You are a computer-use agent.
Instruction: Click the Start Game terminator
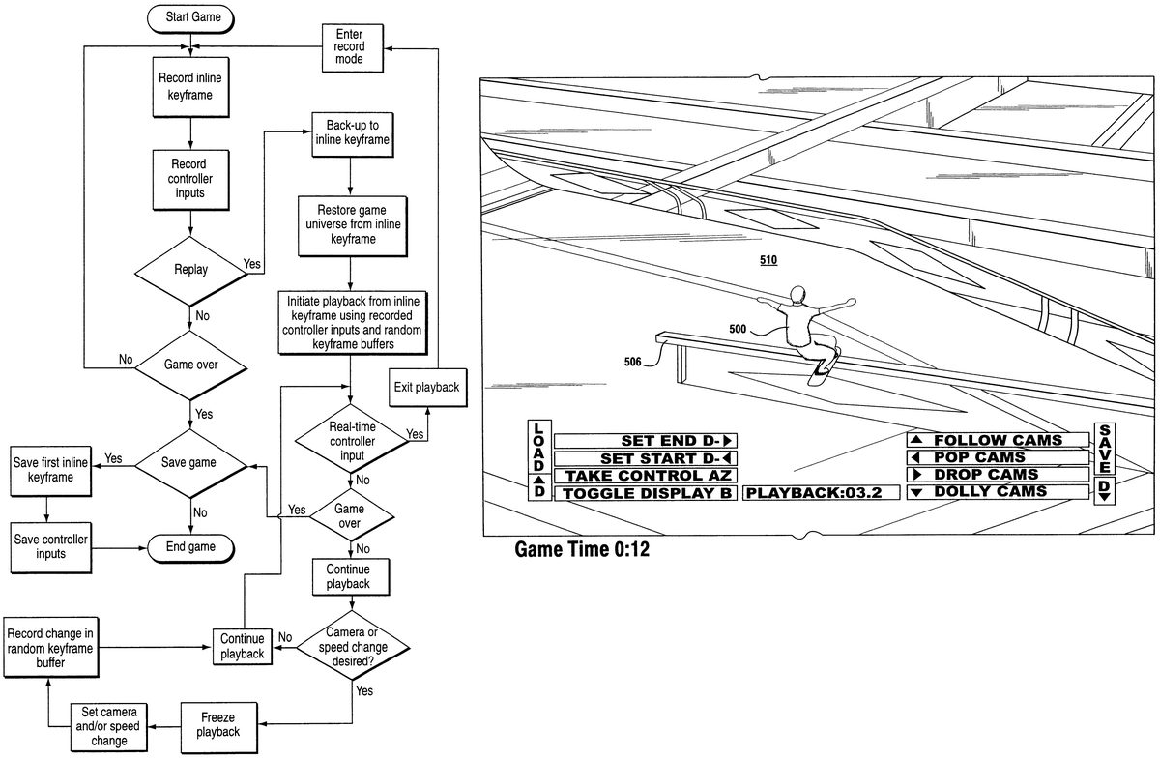click(191, 17)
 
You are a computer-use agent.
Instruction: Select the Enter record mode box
click(350, 46)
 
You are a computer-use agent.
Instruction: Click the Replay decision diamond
click(190, 270)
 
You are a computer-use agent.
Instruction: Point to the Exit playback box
click(425, 387)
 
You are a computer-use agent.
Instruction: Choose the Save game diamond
click(190, 463)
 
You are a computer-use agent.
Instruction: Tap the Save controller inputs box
click(52, 546)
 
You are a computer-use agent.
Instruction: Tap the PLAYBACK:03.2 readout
click(821, 493)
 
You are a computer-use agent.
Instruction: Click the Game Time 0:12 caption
click(581, 550)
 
